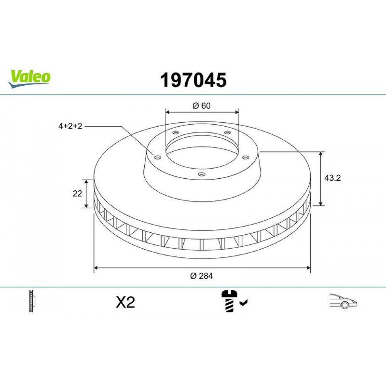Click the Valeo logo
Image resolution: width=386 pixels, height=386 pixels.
[x=30, y=77]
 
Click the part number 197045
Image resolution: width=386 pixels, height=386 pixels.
[x=193, y=80]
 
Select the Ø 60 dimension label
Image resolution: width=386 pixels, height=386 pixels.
[x=201, y=106]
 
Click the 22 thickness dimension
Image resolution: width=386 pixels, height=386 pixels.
[x=78, y=194]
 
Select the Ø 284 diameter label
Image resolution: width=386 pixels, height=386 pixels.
[x=201, y=275]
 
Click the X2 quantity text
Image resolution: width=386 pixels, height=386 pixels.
[x=125, y=303]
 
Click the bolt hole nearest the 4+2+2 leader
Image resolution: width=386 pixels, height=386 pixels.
[x=157, y=157]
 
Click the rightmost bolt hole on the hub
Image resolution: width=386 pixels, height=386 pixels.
[x=244, y=157]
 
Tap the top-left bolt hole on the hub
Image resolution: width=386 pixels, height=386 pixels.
[x=176, y=133]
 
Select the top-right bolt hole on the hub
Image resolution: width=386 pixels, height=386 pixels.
[x=227, y=133]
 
